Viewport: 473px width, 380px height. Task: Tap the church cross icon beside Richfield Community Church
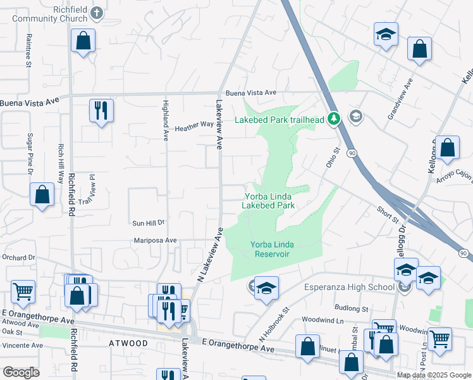point(97,12)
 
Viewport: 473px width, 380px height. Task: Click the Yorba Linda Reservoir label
point(270,249)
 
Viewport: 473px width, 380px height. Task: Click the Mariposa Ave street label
point(155,241)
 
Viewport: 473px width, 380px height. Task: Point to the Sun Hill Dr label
point(148,223)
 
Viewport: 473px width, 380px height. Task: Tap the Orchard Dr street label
point(18,258)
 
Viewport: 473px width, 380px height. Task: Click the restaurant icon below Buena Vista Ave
point(101,110)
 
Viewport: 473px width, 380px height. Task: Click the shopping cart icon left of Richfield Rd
point(23,291)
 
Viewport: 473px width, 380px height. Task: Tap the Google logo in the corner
point(21,372)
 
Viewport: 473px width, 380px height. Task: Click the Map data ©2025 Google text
point(434,375)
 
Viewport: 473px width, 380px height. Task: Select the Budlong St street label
point(353,308)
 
